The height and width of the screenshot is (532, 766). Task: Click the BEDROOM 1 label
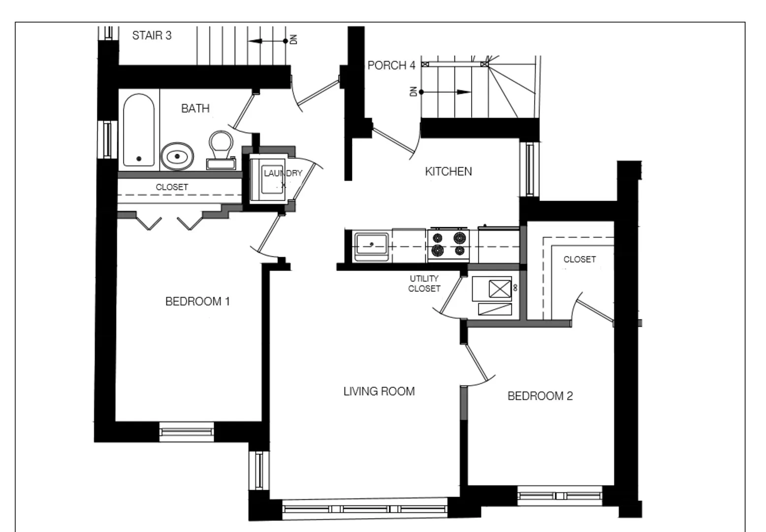click(197, 301)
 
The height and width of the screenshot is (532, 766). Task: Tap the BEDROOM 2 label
click(540, 396)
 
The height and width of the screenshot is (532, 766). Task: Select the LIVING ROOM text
click(379, 392)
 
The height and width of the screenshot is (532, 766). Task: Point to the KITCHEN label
click(448, 171)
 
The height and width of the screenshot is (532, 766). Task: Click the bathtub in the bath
click(138, 131)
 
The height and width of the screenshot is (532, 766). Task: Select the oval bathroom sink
click(177, 156)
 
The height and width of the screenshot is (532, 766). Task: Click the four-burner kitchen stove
click(447, 244)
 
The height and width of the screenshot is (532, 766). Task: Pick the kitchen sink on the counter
click(372, 245)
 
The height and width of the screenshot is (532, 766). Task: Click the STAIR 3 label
click(152, 35)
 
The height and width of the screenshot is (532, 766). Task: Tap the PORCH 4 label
click(391, 66)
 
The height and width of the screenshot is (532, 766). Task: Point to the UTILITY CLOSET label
click(424, 284)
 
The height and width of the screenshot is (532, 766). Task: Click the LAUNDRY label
click(283, 173)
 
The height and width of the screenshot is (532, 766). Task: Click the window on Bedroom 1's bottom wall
click(187, 432)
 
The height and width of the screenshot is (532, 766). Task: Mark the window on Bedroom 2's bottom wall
click(560, 496)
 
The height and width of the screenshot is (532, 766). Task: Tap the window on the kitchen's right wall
click(530, 169)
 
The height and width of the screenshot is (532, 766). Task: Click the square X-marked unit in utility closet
click(500, 288)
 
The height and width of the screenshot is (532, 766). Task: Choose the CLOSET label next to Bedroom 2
click(579, 260)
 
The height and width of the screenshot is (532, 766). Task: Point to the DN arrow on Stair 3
click(268, 41)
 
